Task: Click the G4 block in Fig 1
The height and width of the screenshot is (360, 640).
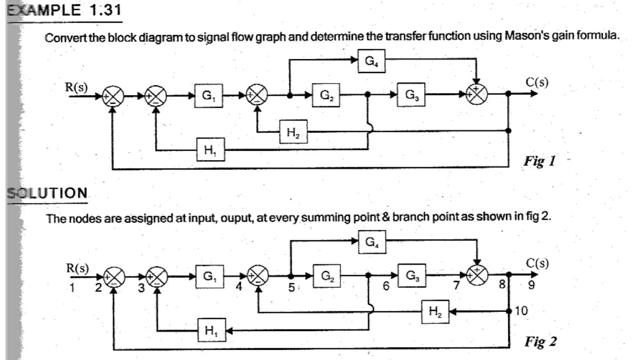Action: coord(371,61)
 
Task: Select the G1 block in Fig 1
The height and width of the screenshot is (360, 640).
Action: coord(208,96)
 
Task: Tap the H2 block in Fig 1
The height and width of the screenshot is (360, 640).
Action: coord(293,132)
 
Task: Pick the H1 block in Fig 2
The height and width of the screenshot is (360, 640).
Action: coord(212,330)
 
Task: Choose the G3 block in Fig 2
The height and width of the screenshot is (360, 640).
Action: coord(412,276)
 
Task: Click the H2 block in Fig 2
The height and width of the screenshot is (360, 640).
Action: coord(435,312)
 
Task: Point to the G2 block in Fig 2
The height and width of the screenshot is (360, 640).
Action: coord(327,276)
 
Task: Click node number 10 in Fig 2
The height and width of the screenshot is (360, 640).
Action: coord(521,311)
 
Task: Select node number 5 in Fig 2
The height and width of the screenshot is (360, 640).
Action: coord(292,287)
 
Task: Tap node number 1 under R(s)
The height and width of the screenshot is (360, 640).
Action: coord(72,287)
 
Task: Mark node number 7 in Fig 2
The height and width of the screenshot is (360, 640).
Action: coord(457,285)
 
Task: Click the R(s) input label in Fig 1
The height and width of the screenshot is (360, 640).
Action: coord(76,87)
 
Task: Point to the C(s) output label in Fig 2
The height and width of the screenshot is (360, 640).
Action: coord(537,263)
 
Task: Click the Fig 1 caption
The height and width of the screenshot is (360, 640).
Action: coord(540,161)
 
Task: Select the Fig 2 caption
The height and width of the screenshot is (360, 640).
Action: coord(541,342)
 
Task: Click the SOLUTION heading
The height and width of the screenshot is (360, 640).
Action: coord(47,193)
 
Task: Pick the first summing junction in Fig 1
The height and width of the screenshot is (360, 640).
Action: coord(113,96)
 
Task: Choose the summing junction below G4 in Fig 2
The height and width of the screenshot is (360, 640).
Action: coord(477,275)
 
